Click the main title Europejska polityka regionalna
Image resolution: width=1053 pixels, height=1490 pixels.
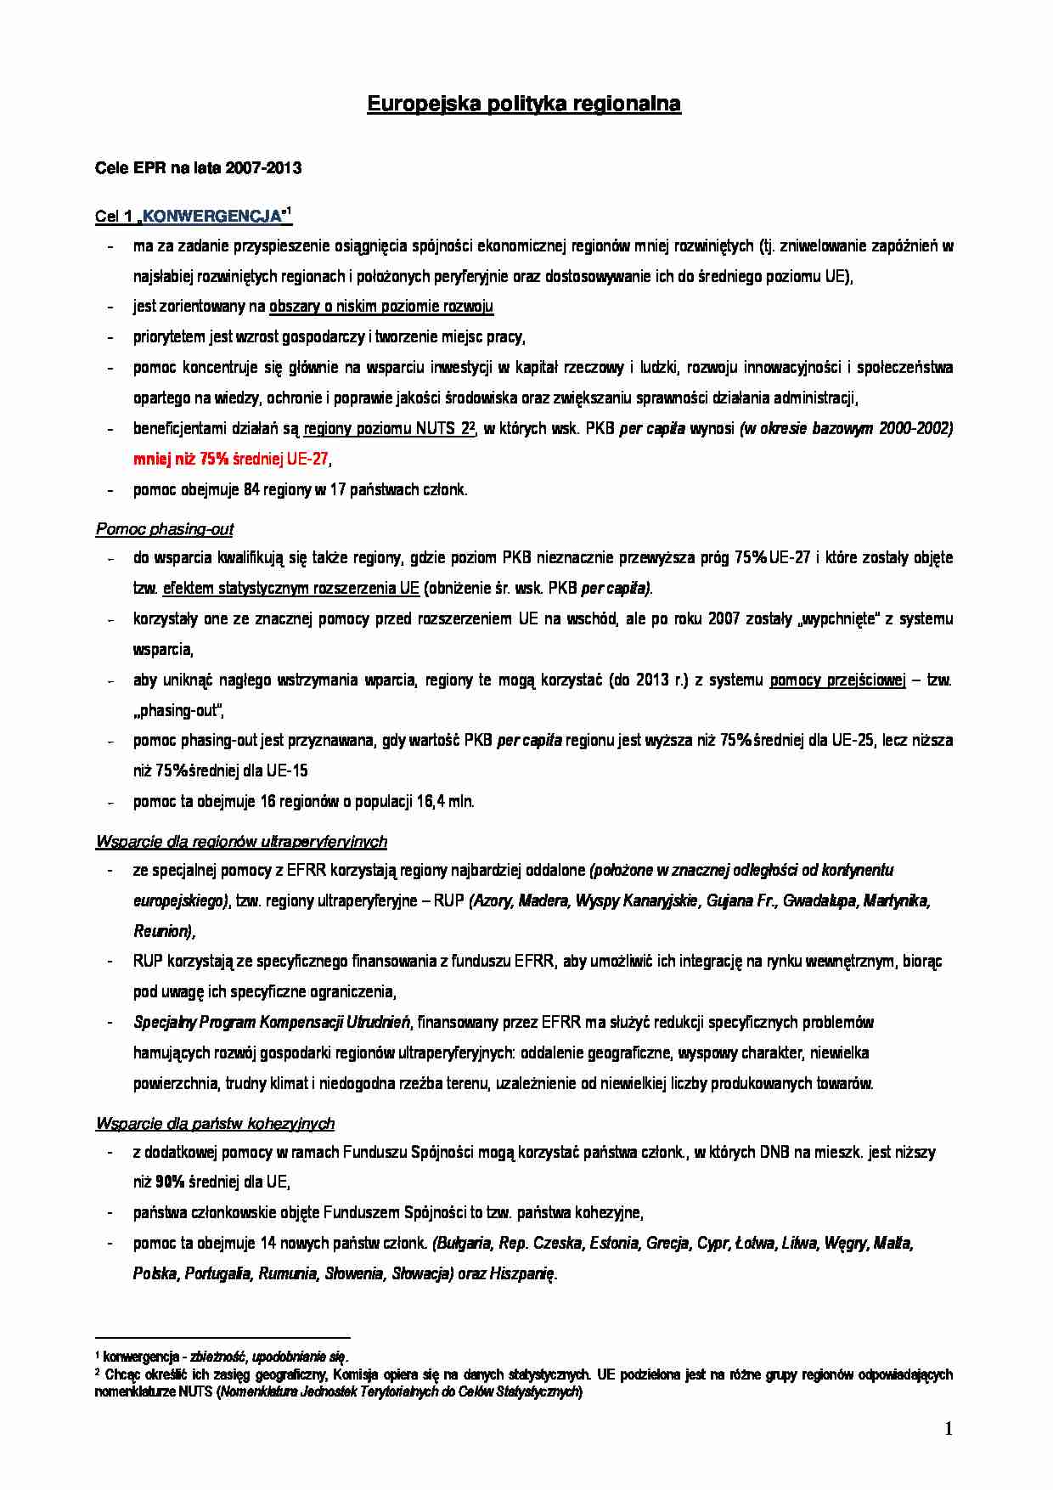pyautogui.click(x=523, y=104)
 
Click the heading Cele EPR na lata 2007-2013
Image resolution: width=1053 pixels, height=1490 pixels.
pyautogui.click(x=198, y=168)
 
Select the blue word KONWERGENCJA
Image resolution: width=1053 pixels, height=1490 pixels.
pyautogui.click(x=212, y=217)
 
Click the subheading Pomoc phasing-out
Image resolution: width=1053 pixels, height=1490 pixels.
pyautogui.click(x=164, y=529)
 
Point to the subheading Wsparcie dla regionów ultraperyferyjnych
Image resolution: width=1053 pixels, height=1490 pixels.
pyautogui.click(x=241, y=842)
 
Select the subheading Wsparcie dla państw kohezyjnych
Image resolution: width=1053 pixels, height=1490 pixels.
pyautogui.click(x=215, y=1124)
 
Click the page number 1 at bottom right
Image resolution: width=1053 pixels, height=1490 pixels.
pyautogui.click(x=949, y=1429)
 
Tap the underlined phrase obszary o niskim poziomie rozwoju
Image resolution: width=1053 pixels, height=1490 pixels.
pyautogui.click(x=381, y=307)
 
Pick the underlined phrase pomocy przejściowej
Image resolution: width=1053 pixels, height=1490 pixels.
pyautogui.click(x=837, y=680)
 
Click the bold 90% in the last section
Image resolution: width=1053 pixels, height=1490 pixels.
pyautogui.click(x=170, y=1182)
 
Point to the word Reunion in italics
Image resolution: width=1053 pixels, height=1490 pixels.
pyautogui.click(x=162, y=931)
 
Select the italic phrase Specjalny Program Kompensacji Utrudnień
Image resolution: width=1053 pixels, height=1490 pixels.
pyautogui.click(x=272, y=1023)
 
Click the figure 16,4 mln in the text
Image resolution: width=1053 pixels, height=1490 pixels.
pyautogui.click(x=444, y=802)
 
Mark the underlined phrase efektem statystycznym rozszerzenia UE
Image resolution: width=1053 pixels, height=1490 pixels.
pyautogui.click(x=290, y=589)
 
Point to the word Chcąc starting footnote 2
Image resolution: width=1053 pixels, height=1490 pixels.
pyautogui.click(x=123, y=1374)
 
